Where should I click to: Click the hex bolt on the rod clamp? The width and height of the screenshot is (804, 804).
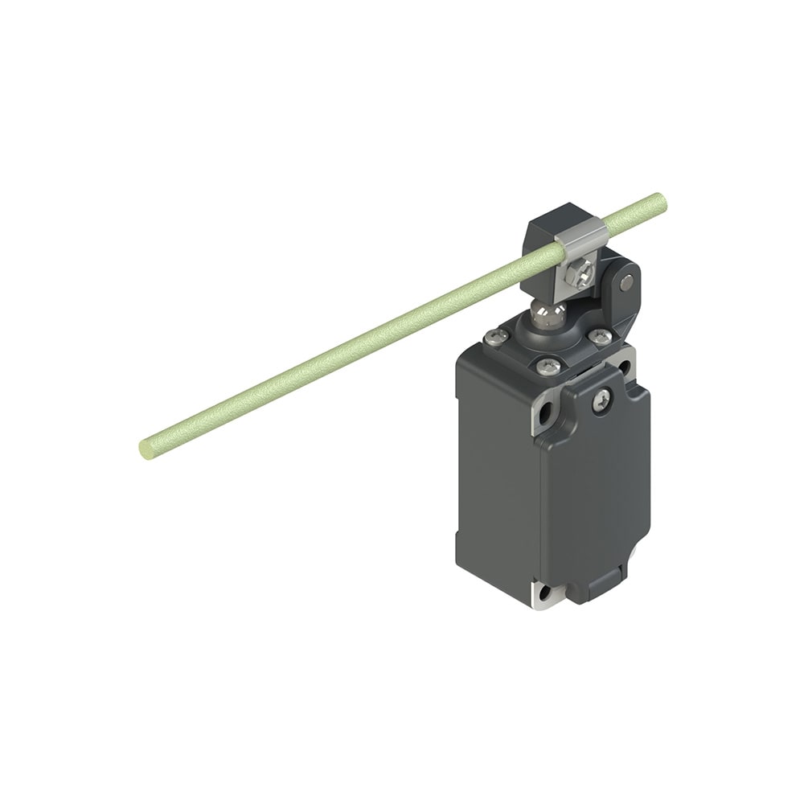coord(576,276)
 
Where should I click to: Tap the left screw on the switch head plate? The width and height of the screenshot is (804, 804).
coord(496,338)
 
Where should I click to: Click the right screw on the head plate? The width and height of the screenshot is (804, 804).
coord(596,334)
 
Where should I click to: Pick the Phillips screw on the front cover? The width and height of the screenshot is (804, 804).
coord(602,400)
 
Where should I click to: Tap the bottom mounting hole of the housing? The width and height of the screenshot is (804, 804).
coord(545,594)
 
